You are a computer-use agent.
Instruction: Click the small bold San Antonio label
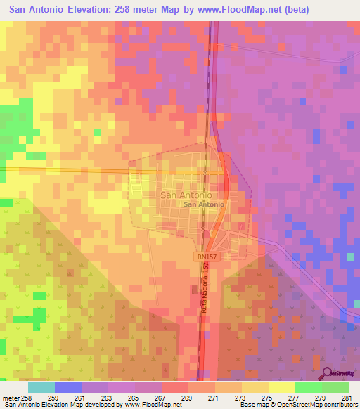204,204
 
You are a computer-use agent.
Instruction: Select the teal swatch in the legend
41,387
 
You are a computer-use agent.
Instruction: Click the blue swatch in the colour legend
68,387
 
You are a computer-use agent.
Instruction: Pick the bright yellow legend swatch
282,387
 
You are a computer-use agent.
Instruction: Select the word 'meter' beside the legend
10,397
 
